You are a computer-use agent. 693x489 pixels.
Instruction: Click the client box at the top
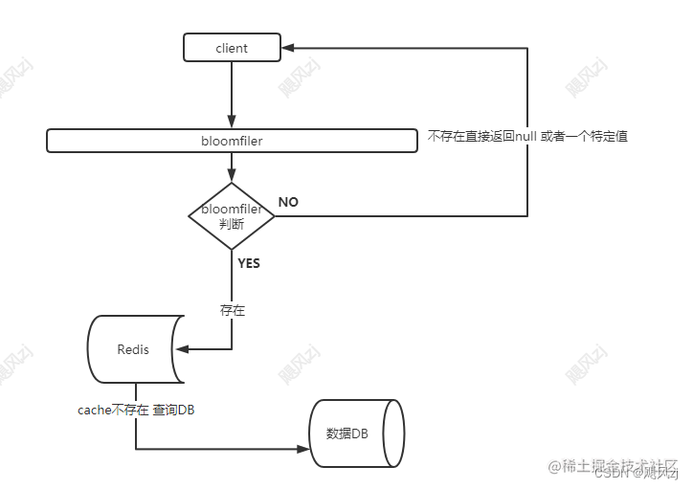[232, 48]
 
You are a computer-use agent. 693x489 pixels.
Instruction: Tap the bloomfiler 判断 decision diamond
[232, 216]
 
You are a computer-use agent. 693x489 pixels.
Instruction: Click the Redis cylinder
[133, 349]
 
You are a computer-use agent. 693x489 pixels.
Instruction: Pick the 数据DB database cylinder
[353, 433]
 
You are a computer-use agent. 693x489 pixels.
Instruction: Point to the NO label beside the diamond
[288, 202]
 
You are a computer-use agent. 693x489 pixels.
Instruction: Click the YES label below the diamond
[248, 263]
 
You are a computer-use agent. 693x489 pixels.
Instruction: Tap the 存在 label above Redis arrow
[233, 310]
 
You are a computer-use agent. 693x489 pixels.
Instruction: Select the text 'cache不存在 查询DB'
[137, 410]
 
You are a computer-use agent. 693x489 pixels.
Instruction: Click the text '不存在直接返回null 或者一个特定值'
[527, 137]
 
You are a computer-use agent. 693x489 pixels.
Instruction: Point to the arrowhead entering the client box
[287, 48]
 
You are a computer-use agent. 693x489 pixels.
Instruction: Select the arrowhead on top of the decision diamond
[232, 176]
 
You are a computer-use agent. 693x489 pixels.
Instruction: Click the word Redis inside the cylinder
[133, 349]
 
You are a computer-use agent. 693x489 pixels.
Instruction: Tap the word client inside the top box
[232, 48]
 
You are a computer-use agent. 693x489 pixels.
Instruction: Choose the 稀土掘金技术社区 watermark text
[611, 463]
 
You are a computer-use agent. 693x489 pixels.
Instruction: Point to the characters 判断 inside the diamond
[232, 224]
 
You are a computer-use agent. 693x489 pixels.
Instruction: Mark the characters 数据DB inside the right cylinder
[346, 433]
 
